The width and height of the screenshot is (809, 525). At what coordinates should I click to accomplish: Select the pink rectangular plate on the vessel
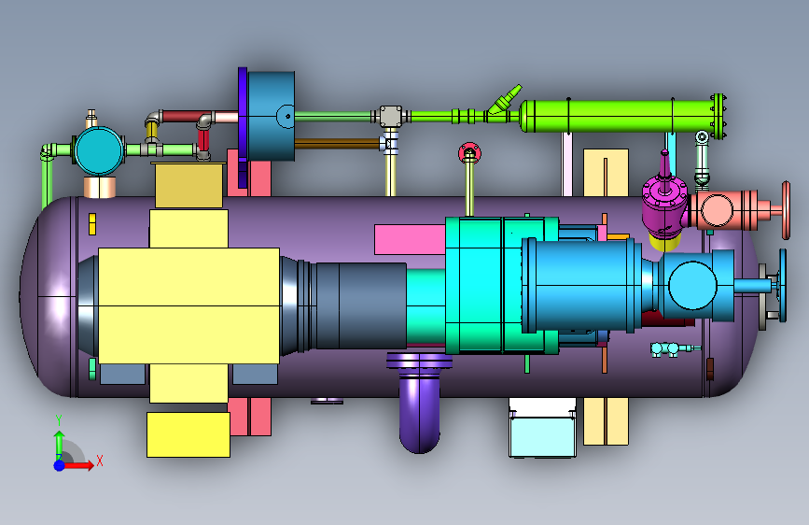pos(410,239)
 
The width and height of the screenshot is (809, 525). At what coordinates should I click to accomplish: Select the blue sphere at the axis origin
pos(60,465)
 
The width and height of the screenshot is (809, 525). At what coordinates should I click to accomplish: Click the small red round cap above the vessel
pos(469,153)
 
